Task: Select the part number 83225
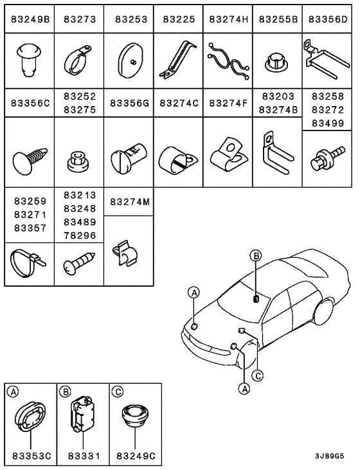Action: coord(179,20)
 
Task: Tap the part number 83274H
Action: coord(228,20)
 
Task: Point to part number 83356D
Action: coord(327,20)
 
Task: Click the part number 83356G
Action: coord(129,102)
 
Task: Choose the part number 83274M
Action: coord(129,202)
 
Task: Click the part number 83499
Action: coord(327,122)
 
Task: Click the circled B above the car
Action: coord(256,257)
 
